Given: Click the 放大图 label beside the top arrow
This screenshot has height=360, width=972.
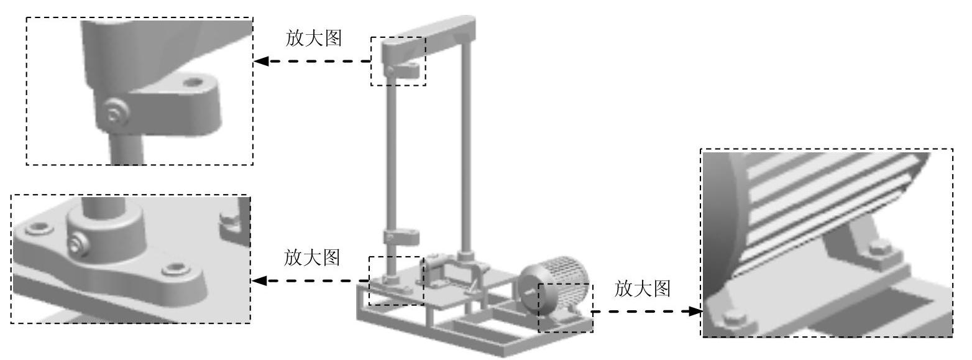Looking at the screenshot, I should [x=313, y=39].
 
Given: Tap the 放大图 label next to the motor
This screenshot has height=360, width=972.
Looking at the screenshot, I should [x=643, y=288].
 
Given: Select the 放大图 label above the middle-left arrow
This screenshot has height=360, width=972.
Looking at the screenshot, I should [x=312, y=257].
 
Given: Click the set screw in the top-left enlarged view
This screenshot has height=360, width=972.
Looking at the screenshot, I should [x=114, y=113].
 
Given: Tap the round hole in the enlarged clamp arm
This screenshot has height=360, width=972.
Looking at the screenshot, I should [x=195, y=81].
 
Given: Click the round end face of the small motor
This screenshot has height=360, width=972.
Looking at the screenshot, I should [x=532, y=290].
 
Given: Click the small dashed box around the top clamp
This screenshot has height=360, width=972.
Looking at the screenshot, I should [x=398, y=37].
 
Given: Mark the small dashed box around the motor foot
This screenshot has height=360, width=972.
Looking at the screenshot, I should [x=565, y=331].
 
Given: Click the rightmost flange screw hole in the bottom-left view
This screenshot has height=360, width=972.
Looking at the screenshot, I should [x=175, y=270].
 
